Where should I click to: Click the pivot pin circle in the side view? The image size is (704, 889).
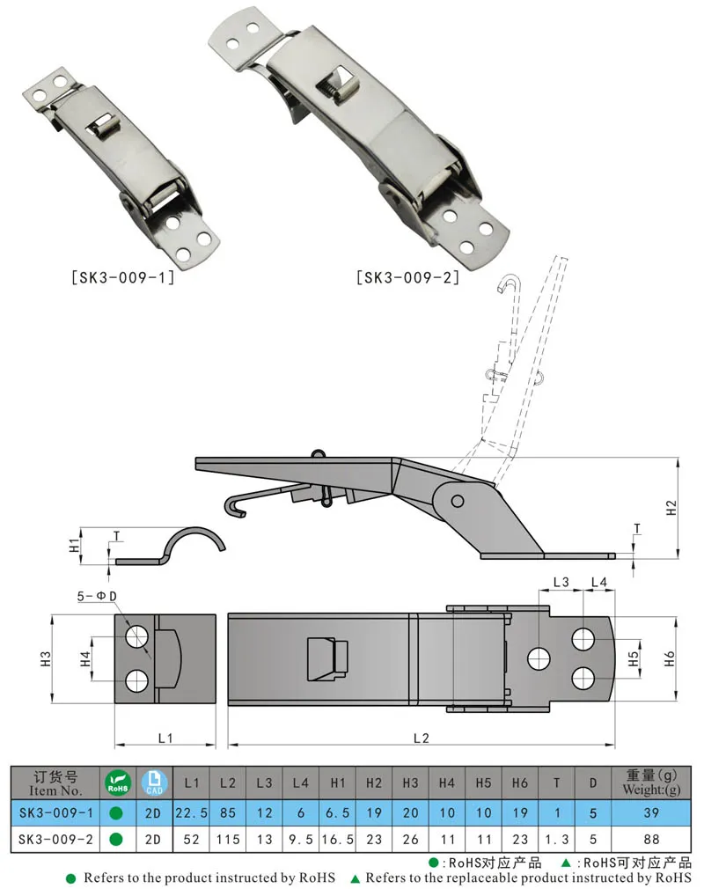(x=457, y=501)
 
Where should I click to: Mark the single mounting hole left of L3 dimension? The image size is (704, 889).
(x=538, y=658)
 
